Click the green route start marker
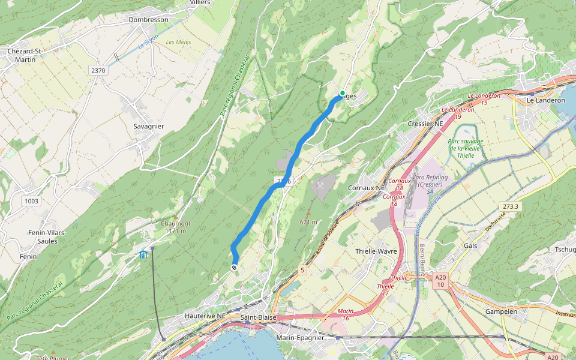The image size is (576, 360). click(342, 93)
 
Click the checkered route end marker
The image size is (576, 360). click(234, 268)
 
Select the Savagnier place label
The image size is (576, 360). click(149, 127)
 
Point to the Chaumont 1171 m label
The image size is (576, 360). click(175, 227)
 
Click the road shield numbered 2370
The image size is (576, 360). click(98, 71)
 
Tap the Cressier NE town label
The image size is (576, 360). click(425, 124)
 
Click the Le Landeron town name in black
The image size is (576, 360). click(546, 100)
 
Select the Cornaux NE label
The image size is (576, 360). click(366, 188)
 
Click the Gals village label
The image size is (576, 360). click(470, 246)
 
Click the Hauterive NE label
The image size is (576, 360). click(205, 316)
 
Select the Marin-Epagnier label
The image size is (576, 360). click(300, 338)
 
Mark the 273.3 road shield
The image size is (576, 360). click(511, 206)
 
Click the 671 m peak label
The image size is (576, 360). click(308, 222)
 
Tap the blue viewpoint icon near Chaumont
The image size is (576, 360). click(143, 254)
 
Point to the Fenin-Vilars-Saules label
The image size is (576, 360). click(47, 236)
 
